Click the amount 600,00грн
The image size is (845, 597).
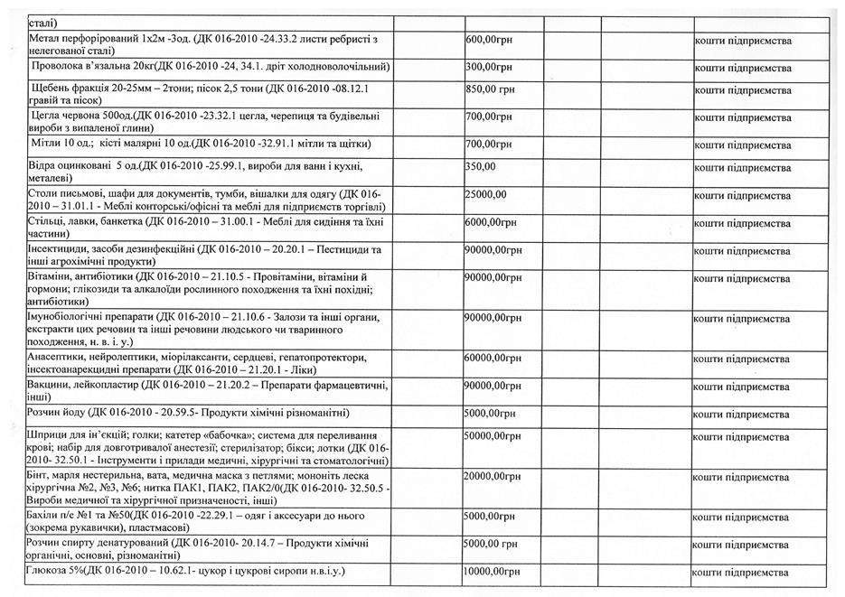(489, 41)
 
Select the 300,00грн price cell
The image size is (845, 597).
(489, 67)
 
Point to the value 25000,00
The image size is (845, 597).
(485, 194)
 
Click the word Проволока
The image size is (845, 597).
(61, 67)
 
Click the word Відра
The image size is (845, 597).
(45, 167)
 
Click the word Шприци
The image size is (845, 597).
(49, 436)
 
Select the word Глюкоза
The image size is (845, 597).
(52, 574)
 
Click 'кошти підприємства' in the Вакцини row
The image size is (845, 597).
(743, 387)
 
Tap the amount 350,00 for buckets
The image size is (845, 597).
(481, 167)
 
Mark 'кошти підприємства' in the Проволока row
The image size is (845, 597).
(743, 67)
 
